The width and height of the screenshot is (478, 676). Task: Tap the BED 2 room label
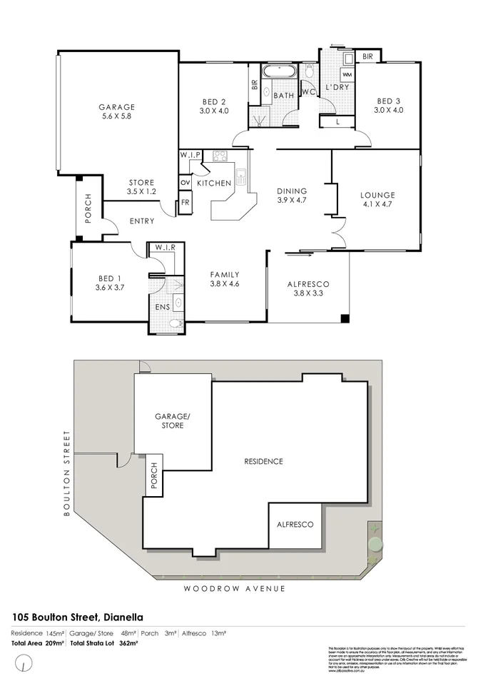coord(213,106)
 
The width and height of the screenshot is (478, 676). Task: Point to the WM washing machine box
coord(347,74)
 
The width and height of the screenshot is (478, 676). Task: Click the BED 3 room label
coord(390,106)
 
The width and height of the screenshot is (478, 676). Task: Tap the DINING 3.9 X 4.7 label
coord(293,196)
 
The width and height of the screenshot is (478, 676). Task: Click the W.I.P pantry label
coord(190,155)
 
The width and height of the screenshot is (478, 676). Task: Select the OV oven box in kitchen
coord(185,183)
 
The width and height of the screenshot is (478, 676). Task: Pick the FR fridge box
coord(185,203)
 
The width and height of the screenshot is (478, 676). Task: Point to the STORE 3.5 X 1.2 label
coord(141,187)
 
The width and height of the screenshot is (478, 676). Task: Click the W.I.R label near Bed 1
coord(166,248)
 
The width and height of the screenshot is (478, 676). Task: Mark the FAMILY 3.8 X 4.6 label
coord(224,279)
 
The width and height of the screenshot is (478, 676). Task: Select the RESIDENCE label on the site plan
coord(263,461)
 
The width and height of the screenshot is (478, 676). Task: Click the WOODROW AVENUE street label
coord(234,588)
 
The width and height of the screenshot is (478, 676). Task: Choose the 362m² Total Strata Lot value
coord(128,643)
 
